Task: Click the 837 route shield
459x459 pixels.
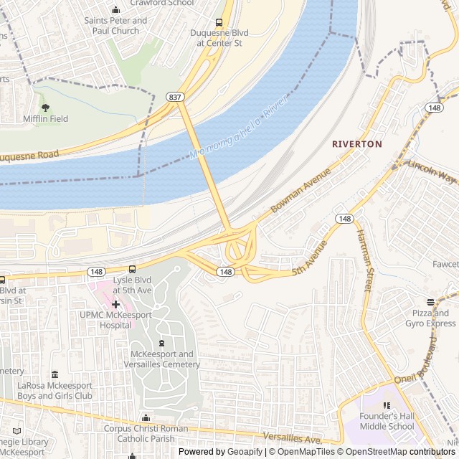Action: point(174,96)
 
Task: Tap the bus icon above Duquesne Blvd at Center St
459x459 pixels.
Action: point(219,22)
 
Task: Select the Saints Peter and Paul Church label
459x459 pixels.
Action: point(115,26)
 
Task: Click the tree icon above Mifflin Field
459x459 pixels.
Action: point(46,107)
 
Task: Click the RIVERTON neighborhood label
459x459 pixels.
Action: point(357,144)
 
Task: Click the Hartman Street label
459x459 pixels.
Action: point(365,261)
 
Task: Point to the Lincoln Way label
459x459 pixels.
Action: point(432,170)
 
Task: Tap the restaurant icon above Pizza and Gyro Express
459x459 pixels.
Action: point(430,302)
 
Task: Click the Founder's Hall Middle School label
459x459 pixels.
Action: point(387,421)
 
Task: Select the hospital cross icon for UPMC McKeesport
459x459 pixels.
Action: point(115,305)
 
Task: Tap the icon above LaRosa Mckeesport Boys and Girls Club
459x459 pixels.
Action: point(55,374)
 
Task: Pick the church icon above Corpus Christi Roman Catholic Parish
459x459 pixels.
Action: point(146,418)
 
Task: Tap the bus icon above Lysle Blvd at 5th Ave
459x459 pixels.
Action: point(131,269)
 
